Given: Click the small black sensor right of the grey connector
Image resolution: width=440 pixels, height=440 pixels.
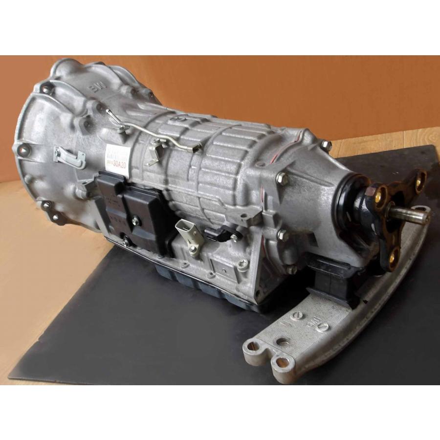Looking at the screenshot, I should [x=215, y=235].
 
